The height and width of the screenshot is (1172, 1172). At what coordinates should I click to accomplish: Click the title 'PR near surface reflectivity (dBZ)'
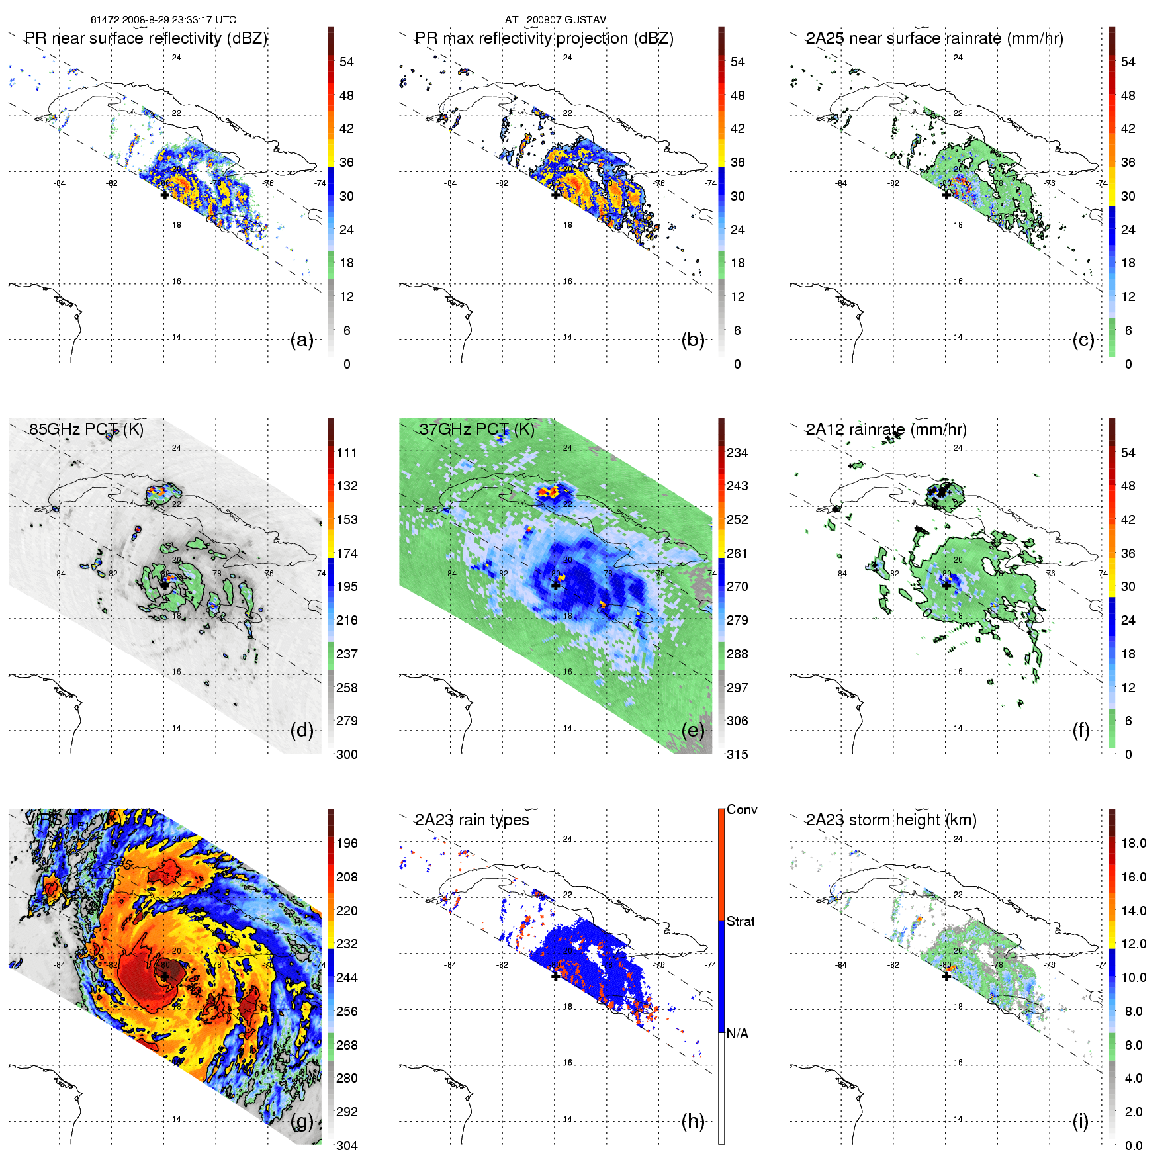coord(146,38)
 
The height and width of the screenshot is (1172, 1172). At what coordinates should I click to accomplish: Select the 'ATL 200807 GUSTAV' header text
coord(555,20)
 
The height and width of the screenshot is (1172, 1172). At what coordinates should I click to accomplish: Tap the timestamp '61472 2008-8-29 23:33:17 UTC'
coord(163,20)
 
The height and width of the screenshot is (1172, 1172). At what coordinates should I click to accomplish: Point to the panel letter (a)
coord(302,340)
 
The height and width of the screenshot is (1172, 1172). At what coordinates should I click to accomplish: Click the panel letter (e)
coord(693,731)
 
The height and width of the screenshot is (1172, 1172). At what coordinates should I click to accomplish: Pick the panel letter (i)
coord(1080,1122)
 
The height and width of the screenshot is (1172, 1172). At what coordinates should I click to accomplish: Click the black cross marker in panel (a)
coord(165,195)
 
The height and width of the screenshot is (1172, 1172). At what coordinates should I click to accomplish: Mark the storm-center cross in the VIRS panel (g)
coord(165,976)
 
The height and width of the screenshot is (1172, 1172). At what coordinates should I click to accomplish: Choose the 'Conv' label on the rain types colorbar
coord(742,810)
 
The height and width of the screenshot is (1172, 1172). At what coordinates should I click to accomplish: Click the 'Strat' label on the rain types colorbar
coord(741,922)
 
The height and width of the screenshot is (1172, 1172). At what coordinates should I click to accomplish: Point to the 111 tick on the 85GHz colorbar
coord(347,453)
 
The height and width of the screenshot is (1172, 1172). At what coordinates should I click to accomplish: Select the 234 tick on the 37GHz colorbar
coord(737,453)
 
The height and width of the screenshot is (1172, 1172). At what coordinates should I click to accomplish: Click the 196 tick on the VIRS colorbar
coord(347,844)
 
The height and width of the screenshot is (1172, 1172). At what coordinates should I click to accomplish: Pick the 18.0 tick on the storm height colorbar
coord(1134,844)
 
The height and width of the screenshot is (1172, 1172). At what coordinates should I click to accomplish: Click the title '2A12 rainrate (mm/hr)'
coord(886,429)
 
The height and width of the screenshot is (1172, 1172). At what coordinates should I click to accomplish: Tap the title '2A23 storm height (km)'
coord(891,820)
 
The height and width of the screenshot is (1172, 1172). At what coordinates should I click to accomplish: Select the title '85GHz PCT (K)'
coord(86,429)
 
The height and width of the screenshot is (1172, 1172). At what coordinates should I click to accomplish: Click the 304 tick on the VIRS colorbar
coord(347,1146)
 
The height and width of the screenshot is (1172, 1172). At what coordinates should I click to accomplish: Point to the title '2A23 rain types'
coord(472,820)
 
